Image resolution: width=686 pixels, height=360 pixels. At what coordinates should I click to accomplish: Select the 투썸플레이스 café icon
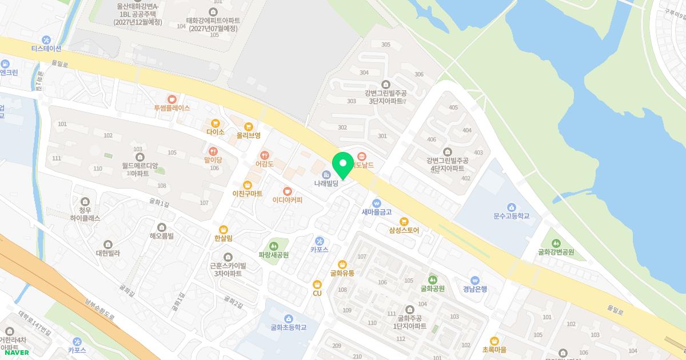pyautogui.click(x=171, y=99)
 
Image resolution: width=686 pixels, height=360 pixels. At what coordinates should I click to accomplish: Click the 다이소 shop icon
pyautogui.click(x=215, y=123)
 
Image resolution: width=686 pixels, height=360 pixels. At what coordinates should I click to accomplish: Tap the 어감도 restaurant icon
pyautogui.click(x=264, y=155)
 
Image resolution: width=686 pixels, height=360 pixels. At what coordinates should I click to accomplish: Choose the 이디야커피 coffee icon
pyautogui.click(x=287, y=191)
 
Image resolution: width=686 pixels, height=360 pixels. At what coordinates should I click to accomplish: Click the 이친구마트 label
pyautogui.click(x=247, y=194)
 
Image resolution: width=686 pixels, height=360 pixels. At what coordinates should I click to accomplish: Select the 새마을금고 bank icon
pyautogui.click(x=376, y=203)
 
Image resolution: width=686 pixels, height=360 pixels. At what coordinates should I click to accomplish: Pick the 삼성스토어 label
pyautogui.click(x=404, y=231)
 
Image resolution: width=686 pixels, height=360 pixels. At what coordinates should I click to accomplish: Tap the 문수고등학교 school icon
pyautogui.click(x=512, y=207)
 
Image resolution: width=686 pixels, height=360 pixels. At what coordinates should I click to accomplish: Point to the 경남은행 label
pyautogui.click(x=475, y=289)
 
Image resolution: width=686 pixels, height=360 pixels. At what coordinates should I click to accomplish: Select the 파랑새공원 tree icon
pyautogui.click(x=273, y=246)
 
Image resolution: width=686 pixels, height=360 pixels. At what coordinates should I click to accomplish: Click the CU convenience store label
pyautogui.click(x=317, y=293)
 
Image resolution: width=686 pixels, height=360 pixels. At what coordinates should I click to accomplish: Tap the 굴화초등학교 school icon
pyautogui.click(x=288, y=318)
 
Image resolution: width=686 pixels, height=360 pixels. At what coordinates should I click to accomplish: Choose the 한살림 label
pyautogui.click(x=224, y=238)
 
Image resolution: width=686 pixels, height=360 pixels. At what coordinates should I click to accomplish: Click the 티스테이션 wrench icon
pyautogui.click(x=46, y=39)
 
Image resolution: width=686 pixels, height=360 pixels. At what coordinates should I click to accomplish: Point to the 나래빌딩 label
pyautogui.click(x=326, y=184)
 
